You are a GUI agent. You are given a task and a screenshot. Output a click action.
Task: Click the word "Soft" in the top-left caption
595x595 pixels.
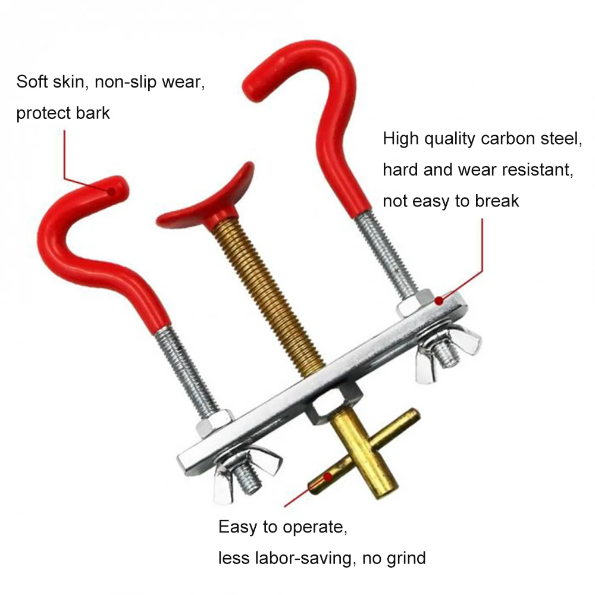click(32, 82)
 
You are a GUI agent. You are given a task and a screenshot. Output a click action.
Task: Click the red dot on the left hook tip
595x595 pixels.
click(112, 192)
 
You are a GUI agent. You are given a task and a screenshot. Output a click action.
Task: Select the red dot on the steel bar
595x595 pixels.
click(439, 301)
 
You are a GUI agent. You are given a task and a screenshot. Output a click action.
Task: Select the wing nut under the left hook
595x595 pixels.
click(247, 474)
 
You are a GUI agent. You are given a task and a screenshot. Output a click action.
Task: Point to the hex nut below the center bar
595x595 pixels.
click(334, 404)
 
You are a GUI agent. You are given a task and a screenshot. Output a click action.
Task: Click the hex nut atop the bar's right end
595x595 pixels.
click(415, 302)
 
